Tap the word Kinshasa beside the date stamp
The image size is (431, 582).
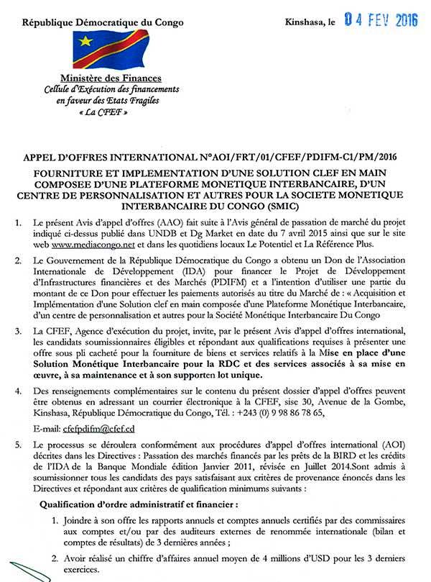coord(305,23)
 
